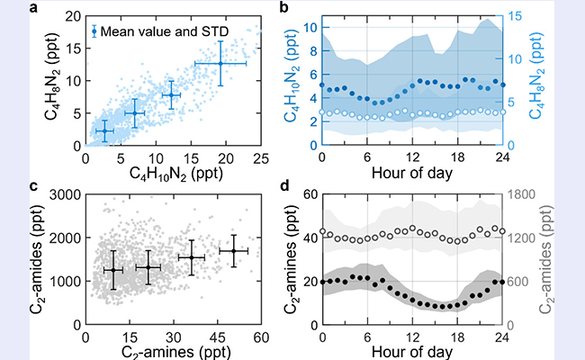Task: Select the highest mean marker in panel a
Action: coord(220,63)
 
